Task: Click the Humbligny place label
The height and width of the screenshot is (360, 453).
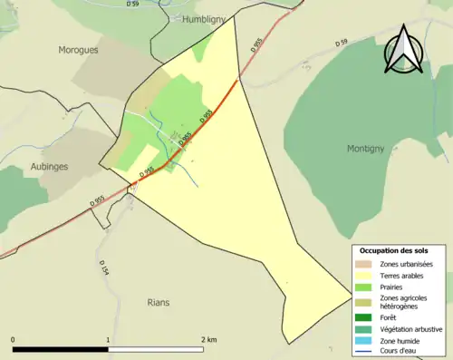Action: click(x=208, y=18)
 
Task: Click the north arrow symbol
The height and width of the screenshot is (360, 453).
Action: click(x=404, y=50)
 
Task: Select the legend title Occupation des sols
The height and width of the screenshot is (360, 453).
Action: click(x=394, y=249)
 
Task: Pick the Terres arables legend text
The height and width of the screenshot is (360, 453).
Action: click(x=401, y=275)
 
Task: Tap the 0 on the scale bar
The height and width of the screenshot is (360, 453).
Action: click(x=14, y=340)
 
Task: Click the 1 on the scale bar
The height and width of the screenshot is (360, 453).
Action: click(x=108, y=340)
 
